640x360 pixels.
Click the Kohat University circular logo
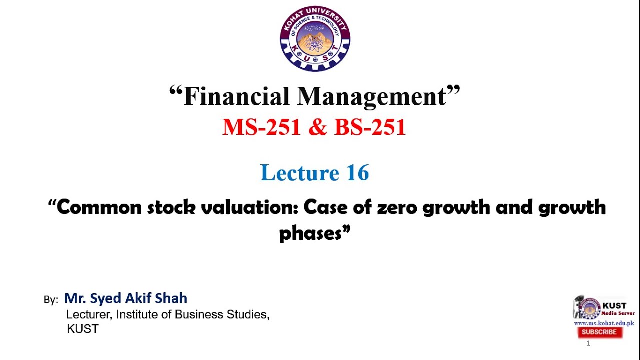coord(315,39)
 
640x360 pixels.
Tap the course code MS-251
coord(261,127)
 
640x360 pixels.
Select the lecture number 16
coord(357,173)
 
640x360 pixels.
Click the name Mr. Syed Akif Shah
coord(126,298)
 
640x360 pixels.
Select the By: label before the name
coord(51,300)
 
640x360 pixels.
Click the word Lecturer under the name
coord(89,315)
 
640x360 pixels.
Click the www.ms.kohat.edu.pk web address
coord(604,323)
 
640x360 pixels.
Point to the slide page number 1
coord(588,343)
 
